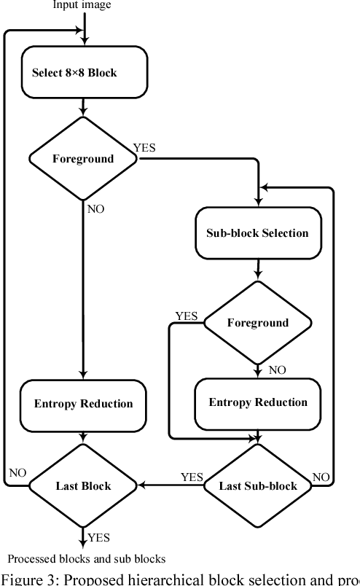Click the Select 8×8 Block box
point(85,73)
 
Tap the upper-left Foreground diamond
point(83,159)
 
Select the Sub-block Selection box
point(258,233)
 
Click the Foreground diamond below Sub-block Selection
point(257,323)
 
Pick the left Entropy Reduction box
point(83,404)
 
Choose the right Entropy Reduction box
point(258,402)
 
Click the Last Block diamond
point(83,486)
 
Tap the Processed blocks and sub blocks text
point(87,559)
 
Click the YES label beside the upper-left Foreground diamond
point(144,148)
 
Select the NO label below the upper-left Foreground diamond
point(96,209)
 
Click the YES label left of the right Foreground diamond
point(186,316)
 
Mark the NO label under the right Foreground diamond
point(278,370)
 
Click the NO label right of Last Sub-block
point(321,477)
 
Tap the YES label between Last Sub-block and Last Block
point(192,477)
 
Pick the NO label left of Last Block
point(17,473)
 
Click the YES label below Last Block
point(99,538)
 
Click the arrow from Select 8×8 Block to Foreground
point(84,106)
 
